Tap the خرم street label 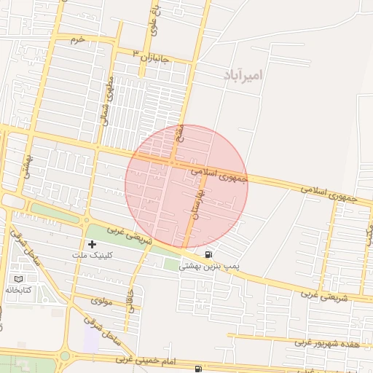coord(78,39)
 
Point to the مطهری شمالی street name coord(109,100)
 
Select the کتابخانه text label coord(19,290)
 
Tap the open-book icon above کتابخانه coord(19,279)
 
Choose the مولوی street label coord(102,300)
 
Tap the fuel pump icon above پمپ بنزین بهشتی coord(210,254)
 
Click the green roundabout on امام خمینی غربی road coord(64,357)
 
